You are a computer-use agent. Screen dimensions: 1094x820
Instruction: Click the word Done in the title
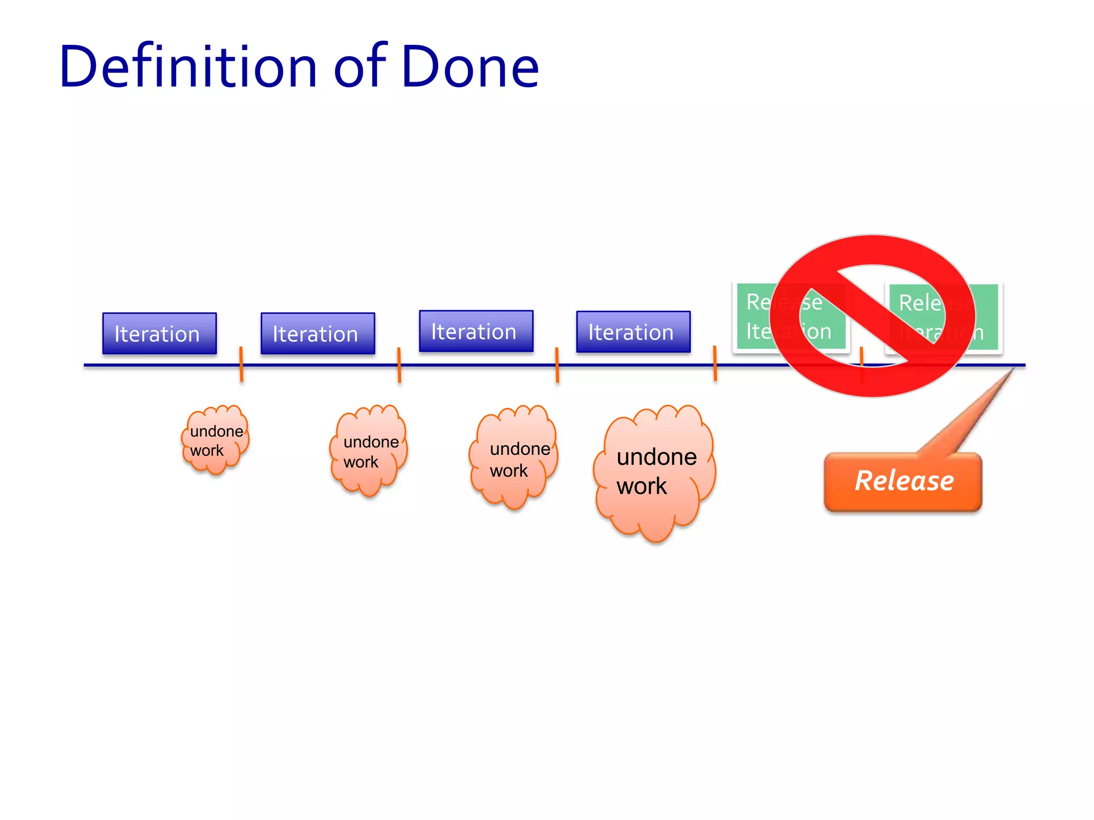[x=470, y=67]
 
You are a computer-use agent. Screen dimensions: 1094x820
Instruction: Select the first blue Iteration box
[x=159, y=334]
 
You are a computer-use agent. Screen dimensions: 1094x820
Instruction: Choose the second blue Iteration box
[x=318, y=334]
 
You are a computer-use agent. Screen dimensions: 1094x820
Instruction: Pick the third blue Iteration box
[x=476, y=332]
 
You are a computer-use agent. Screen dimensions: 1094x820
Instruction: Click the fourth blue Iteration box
[x=633, y=332]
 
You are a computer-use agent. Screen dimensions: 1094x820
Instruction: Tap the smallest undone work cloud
[x=215, y=440]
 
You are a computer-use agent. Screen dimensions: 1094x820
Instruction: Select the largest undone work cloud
[x=655, y=472]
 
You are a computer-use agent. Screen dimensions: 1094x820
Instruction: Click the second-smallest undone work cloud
[x=369, y=451]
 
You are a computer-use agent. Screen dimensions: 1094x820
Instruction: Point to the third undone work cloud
[x=514, y=458]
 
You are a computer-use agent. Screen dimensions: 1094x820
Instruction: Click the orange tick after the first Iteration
[x=241, y=364]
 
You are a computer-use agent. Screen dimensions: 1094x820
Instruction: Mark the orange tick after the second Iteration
[x=399, y=365]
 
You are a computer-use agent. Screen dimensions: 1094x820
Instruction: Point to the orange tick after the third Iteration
[x=557, y=365]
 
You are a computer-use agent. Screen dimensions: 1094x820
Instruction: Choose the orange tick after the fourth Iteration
[x=715, y=363]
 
